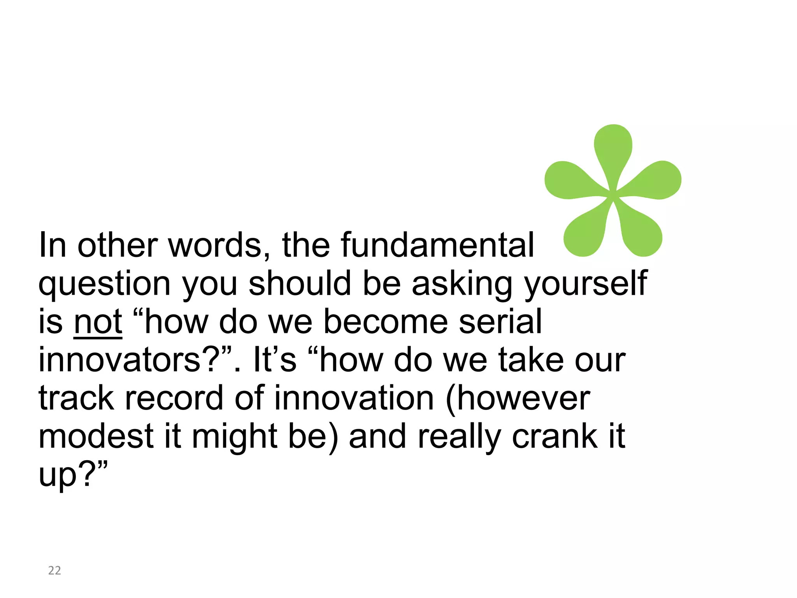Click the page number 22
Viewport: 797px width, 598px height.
pos(54,570)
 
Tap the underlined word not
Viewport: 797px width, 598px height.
pos(98,322)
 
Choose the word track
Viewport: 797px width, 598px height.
pos(76,398)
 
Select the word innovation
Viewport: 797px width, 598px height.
pos(354,398)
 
